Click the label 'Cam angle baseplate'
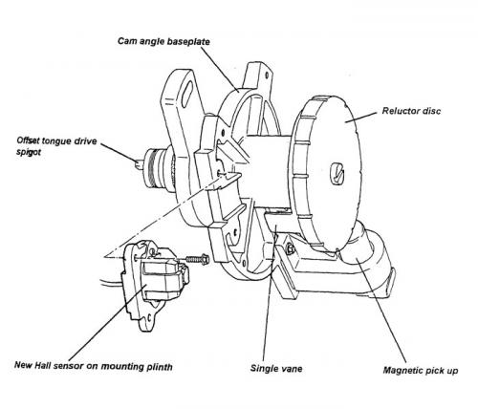coord(163,41)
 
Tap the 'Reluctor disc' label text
coord(411,111)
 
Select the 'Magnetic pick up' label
coord(421,371)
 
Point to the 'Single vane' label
coord(276,369)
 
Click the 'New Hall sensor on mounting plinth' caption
coord(94,366)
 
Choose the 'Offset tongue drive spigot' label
coord(56,146)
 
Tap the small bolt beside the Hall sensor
coord(197,259)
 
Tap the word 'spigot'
coord(29,152)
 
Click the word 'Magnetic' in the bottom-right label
coord(402,370)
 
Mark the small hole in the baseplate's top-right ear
coord(267,75)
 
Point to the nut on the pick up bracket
coord(290,248)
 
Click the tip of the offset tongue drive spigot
coord(137,163)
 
